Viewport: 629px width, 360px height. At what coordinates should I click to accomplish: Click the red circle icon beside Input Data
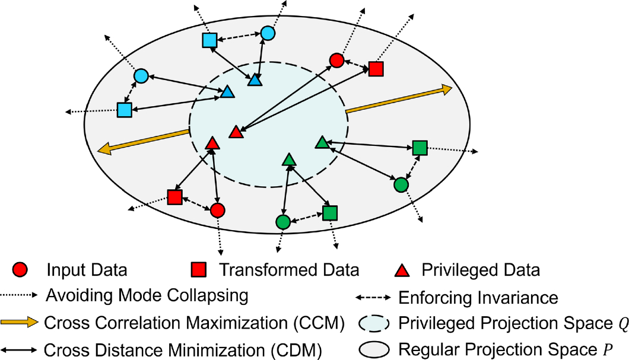[x=21, y=270]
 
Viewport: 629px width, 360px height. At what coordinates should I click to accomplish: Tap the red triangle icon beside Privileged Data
[x=403, y=270]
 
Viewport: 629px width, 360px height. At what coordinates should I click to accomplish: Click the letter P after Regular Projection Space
[x=606, y=346]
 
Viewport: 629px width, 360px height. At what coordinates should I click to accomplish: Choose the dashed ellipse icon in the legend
[x=376, y=323]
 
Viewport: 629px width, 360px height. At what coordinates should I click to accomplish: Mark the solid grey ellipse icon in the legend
[x=376, y=346]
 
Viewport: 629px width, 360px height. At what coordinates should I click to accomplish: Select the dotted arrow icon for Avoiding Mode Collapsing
[x=21, y=295]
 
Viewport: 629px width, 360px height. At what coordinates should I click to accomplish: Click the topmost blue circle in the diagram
[x=268, y=33]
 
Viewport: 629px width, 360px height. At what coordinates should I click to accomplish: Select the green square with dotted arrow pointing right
[x=420, y=148]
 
